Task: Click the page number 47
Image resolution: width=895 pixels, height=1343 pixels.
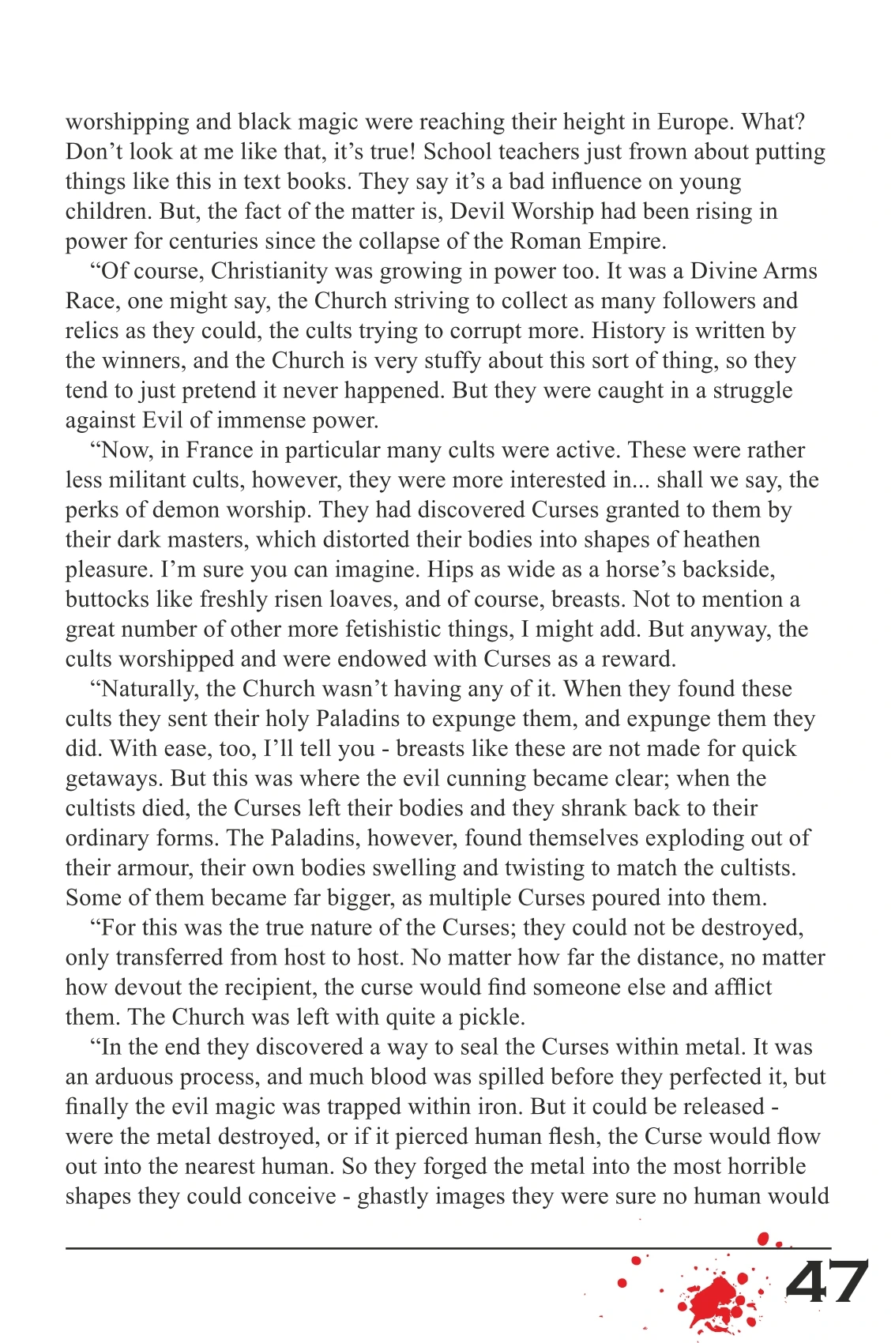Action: click(x=826, y=1283)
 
